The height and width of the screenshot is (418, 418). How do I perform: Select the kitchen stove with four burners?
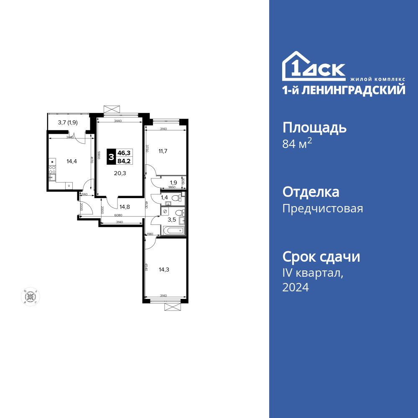53,169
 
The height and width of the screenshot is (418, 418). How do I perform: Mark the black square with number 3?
111,157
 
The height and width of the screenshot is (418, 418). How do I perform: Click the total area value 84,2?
124,161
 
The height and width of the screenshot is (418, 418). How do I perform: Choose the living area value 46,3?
124,153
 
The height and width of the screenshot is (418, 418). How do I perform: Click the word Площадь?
314,127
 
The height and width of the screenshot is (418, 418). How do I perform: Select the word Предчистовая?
323,208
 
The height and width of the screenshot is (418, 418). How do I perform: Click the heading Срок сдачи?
321,256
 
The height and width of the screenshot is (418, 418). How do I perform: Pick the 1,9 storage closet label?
173,182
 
